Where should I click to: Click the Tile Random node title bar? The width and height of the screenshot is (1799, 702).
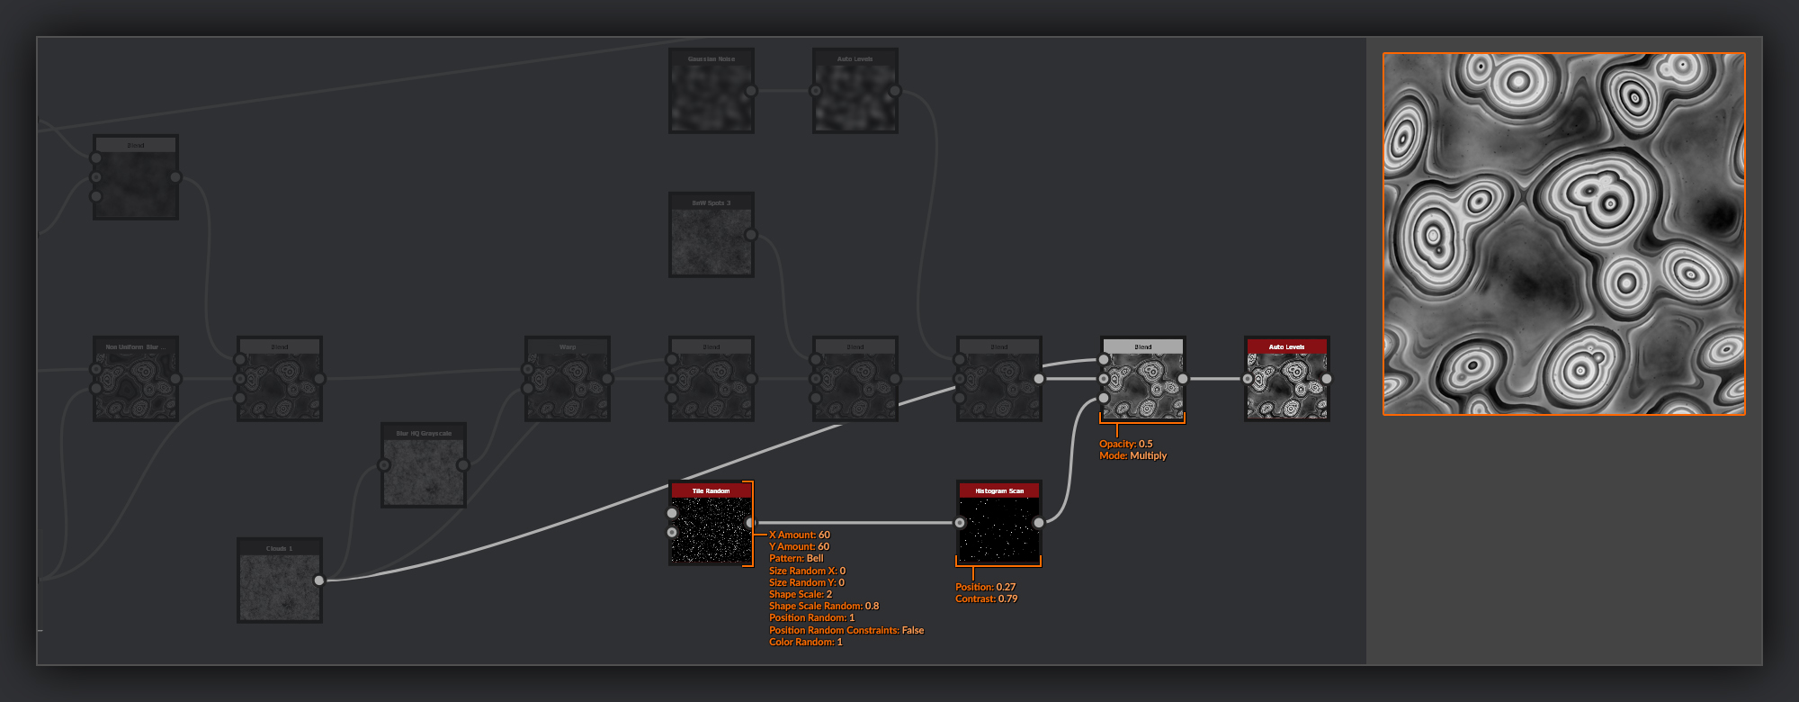pos(711,490)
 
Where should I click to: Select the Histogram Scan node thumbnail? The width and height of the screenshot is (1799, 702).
pos(998,530)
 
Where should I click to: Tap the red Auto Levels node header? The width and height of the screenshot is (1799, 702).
pos(1286,346)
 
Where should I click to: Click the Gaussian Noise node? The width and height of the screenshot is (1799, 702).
pos(711,91)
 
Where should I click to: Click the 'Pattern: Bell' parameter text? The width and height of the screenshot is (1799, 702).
pos(796,558)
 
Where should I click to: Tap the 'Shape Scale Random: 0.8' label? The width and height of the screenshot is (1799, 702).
pos(824,606)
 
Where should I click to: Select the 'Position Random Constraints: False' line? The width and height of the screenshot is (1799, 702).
pos(846,630)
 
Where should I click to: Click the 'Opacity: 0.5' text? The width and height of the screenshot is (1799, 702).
pos(1125,444)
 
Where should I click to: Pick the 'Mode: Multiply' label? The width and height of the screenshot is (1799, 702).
pos(1132,455)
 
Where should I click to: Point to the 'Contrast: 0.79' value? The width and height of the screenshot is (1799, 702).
pos(986,598)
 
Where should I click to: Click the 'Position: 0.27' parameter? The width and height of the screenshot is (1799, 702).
pos(985,587)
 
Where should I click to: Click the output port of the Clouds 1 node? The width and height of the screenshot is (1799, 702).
pos(319,580)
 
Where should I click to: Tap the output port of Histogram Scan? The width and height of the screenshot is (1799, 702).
pos(1039,523)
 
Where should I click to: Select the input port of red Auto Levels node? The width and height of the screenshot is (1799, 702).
pos(1248,379)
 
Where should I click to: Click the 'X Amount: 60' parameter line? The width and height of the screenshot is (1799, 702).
pos(800,535)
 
